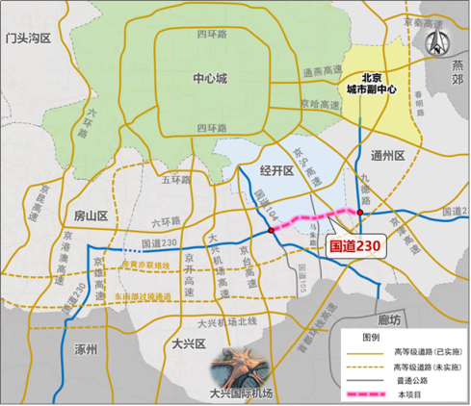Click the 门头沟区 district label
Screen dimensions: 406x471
click(34, 38)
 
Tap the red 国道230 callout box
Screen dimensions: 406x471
click(355, 246)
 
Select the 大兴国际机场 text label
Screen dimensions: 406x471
click(241, 393)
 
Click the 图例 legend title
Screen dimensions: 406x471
click(372, 336)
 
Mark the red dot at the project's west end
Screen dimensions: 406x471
click(273, 230)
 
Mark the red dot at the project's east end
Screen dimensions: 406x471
click(359, 211)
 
